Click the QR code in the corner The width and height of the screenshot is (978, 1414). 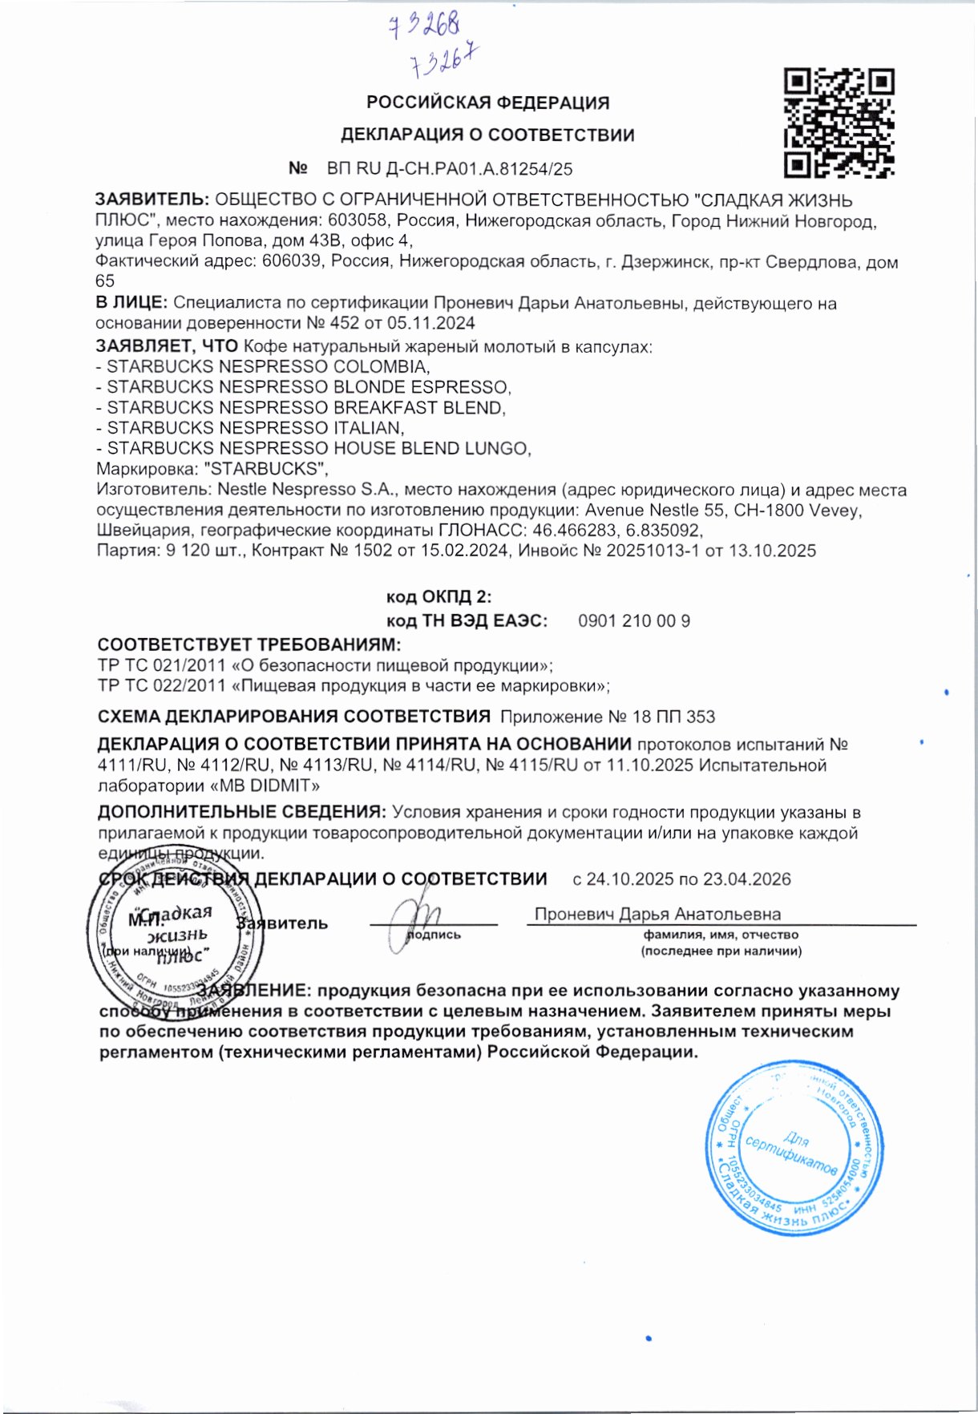[839, 123]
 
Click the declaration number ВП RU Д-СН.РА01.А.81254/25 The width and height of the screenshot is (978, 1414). [450, 169]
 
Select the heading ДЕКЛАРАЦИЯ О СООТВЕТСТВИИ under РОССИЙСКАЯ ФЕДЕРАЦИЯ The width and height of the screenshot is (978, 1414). [487, 135]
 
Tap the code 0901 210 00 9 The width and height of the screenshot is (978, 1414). [633, 621]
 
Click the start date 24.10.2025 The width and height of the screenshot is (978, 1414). [629, 879]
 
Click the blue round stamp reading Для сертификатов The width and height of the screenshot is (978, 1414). [794, 1148]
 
